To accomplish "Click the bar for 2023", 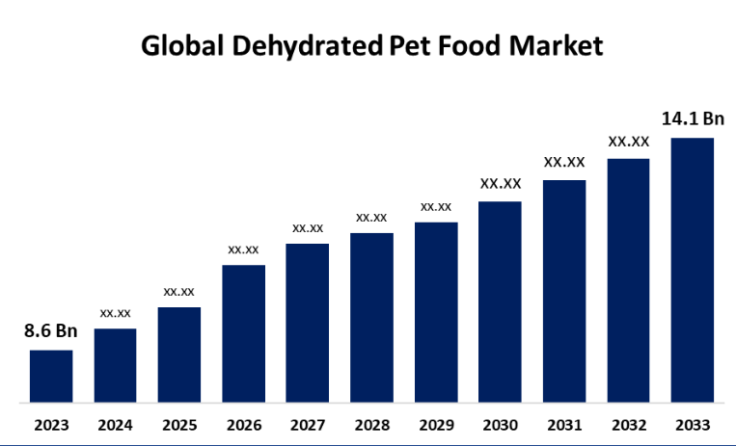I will click(51, 376).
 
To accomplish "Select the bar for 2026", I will click(244, 333).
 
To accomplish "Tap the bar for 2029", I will click(436, 312).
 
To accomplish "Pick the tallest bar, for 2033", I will click(693, 270).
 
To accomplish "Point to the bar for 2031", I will click(564, 291).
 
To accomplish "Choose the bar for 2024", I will click(115, 365).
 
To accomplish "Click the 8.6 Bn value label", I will click(51, 331).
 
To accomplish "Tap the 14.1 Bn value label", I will click(693, 119).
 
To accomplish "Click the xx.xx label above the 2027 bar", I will click(308, 228).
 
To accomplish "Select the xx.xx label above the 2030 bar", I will click(501, 183).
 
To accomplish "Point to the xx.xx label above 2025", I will click(179, 291).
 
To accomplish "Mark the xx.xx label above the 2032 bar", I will click(628, 142).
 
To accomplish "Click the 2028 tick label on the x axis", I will click(371, 425).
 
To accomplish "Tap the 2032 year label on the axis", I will click(628, 425).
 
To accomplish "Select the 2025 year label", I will click(179, 425).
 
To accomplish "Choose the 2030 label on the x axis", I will click(501, 425).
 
